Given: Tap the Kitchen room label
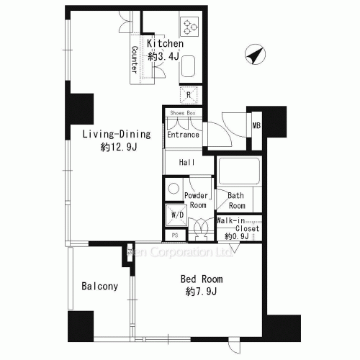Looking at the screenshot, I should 165,44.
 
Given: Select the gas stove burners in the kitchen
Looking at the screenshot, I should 190,26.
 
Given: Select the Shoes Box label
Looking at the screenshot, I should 182,113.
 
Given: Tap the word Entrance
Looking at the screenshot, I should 183,135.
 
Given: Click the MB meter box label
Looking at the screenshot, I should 256,127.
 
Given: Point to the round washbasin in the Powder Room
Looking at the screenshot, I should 174,188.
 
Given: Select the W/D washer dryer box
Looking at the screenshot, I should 176,213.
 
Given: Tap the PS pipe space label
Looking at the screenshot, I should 175,235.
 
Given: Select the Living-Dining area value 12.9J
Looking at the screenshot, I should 118,147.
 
